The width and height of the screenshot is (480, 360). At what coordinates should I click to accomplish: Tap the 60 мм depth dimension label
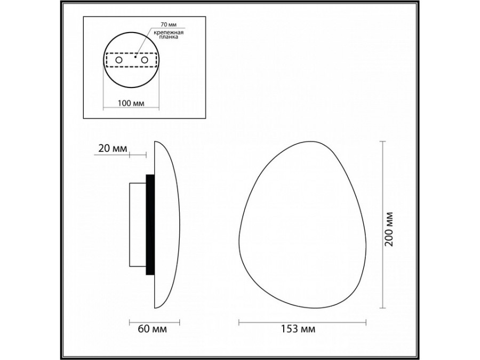[153, 329]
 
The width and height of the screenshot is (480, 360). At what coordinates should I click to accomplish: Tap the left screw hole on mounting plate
[118, 61]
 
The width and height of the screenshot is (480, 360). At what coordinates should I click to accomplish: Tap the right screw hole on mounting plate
[144, 61]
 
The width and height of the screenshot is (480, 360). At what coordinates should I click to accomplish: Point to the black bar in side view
[150, 224]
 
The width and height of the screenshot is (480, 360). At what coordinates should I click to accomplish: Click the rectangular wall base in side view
[137, 224]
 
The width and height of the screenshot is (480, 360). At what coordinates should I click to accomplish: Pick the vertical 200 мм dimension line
[382, 224]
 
